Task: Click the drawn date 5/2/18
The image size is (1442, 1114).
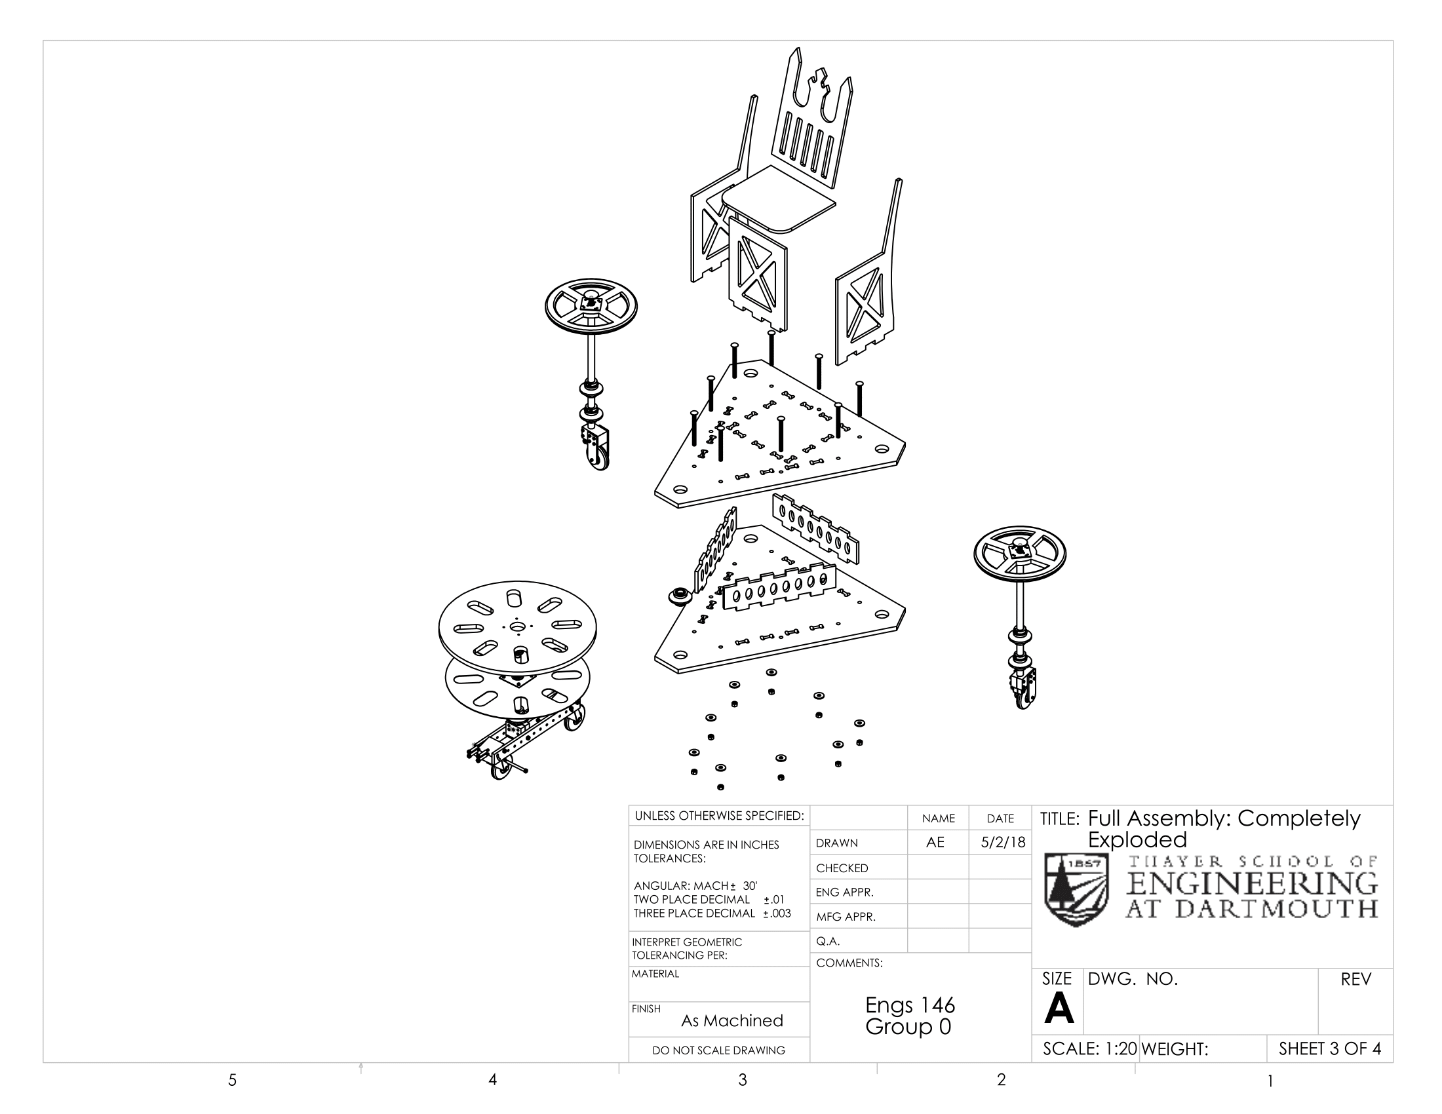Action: [x=1002, y=842]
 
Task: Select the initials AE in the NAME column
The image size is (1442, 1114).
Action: [x=935, y=842]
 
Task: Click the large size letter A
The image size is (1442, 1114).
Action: [x=1059, y=1009]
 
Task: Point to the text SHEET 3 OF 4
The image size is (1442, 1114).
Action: [x=1329, y=1048]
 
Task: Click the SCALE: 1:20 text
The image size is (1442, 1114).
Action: [x=1089, y=1048]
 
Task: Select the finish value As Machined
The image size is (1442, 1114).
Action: [x=731, y=1020]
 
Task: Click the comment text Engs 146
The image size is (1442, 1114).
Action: [x=910, y=1005]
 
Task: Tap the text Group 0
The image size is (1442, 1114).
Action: [x=908, y=1027]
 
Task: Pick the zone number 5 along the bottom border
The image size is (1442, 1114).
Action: [x=233, y=1080]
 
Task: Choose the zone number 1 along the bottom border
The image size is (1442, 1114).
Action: [x=1270, y=1081]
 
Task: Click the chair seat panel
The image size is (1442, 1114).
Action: [x=779, y=198]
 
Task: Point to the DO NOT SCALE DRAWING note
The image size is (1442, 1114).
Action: [x=718, y=1050]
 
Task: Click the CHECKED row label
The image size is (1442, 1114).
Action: [x=842, y=868]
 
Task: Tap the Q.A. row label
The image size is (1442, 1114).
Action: [x=828, y=941]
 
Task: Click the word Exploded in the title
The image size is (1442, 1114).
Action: [x=1137, y=839]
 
